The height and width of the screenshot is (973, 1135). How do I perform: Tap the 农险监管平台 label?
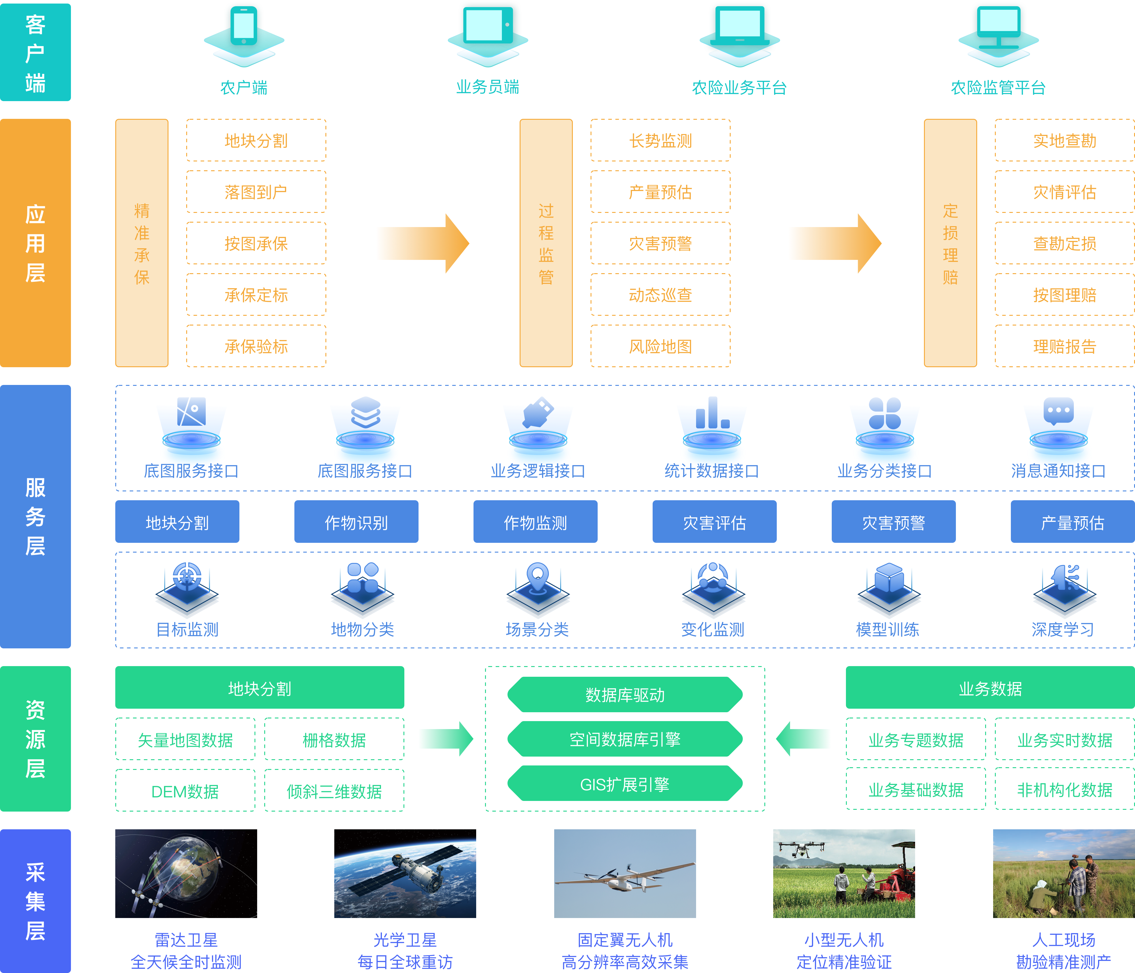click(998, 88)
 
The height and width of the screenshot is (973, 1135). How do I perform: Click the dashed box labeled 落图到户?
click(256, 192)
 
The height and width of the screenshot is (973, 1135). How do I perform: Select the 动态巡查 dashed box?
click(660, 295)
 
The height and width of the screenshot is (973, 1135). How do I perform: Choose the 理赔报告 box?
click(1064, 346)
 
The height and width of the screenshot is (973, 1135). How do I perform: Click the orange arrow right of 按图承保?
click(422, 243)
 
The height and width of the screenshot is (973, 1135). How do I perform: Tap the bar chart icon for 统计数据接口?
click(711, 414)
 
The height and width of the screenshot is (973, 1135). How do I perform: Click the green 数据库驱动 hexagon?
click(625, 695)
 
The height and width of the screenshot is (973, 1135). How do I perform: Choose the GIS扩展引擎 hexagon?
click(625, 784)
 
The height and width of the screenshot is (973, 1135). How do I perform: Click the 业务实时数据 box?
click(1064, 740)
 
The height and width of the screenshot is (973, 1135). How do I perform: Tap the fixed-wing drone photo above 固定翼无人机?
click(625, 873)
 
